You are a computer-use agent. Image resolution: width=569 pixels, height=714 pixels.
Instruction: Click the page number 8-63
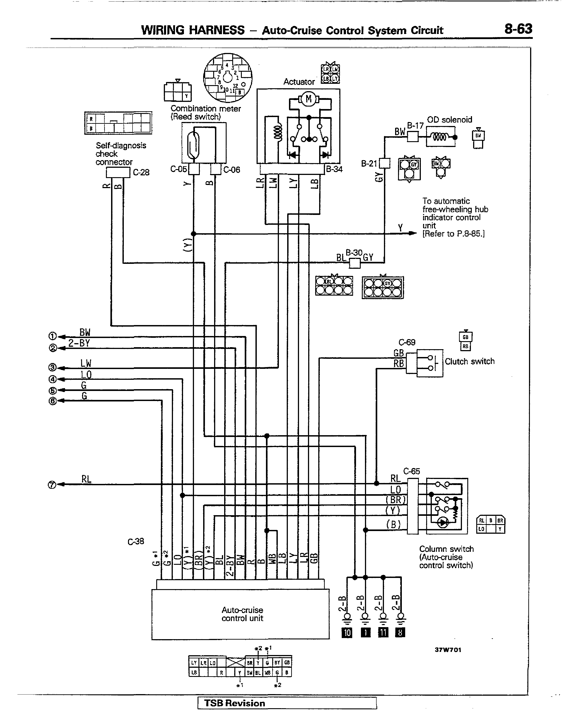tap(518, 29)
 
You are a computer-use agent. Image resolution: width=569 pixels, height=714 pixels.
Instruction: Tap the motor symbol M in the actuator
tap(309, 99)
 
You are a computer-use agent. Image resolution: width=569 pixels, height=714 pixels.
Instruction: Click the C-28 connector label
tap(141, 172)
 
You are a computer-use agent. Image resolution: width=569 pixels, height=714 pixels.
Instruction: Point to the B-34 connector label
tap(334, 169)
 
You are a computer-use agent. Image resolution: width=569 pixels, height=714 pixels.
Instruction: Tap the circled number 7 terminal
tap(52, 485)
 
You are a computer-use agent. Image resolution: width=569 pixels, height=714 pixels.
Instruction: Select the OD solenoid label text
tap(449, 120)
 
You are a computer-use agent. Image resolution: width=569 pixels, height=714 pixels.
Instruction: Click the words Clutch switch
tap(469, 361)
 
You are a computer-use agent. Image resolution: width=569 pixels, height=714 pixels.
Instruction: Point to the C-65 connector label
tap(411, 471)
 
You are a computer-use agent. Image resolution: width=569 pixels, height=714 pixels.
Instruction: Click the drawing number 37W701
tap(448, 650)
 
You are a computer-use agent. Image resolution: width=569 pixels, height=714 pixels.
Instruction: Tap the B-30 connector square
tap(355, 263)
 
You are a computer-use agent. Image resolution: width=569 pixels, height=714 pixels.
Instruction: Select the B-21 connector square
tap(385, 163)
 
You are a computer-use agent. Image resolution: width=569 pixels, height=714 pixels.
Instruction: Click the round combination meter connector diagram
tap(228, 78)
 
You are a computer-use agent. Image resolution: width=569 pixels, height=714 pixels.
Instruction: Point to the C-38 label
tap(136, 541)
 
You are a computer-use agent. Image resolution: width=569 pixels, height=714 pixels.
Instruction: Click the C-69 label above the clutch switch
tap(407, 342)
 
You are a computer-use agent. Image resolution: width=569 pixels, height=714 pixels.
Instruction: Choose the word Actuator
tap(299, 82)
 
